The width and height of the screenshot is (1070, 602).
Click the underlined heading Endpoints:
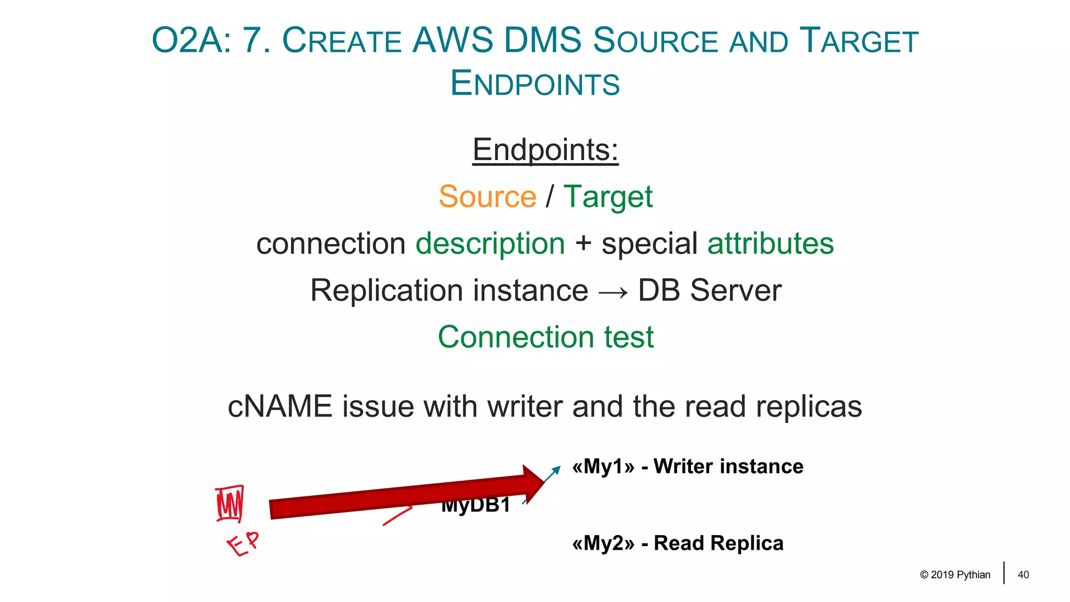(545, 150)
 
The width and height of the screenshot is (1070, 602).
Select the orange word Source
(487, 196)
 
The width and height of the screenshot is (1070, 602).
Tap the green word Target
(608, 198)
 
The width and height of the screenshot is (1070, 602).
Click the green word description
(490, 244)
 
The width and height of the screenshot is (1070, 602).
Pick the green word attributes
(770, 244)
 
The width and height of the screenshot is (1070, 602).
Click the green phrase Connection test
(545, 337)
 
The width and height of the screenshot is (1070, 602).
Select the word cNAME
(280, 407)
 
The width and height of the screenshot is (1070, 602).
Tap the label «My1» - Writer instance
(687, 466)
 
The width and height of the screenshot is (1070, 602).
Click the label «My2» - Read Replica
(678, 543)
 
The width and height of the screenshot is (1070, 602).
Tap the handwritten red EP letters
(243, 544)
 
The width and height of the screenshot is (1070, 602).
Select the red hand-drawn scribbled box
(230, 504)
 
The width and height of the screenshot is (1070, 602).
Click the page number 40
(1023, 575)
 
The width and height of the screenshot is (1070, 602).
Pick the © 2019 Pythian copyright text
(955, 575)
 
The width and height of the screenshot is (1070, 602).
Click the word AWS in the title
(452, 41)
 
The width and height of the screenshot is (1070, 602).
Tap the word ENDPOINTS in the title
(534, 84)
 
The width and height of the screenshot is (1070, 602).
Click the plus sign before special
(583, 244)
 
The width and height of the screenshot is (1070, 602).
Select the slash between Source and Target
(550, 196)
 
